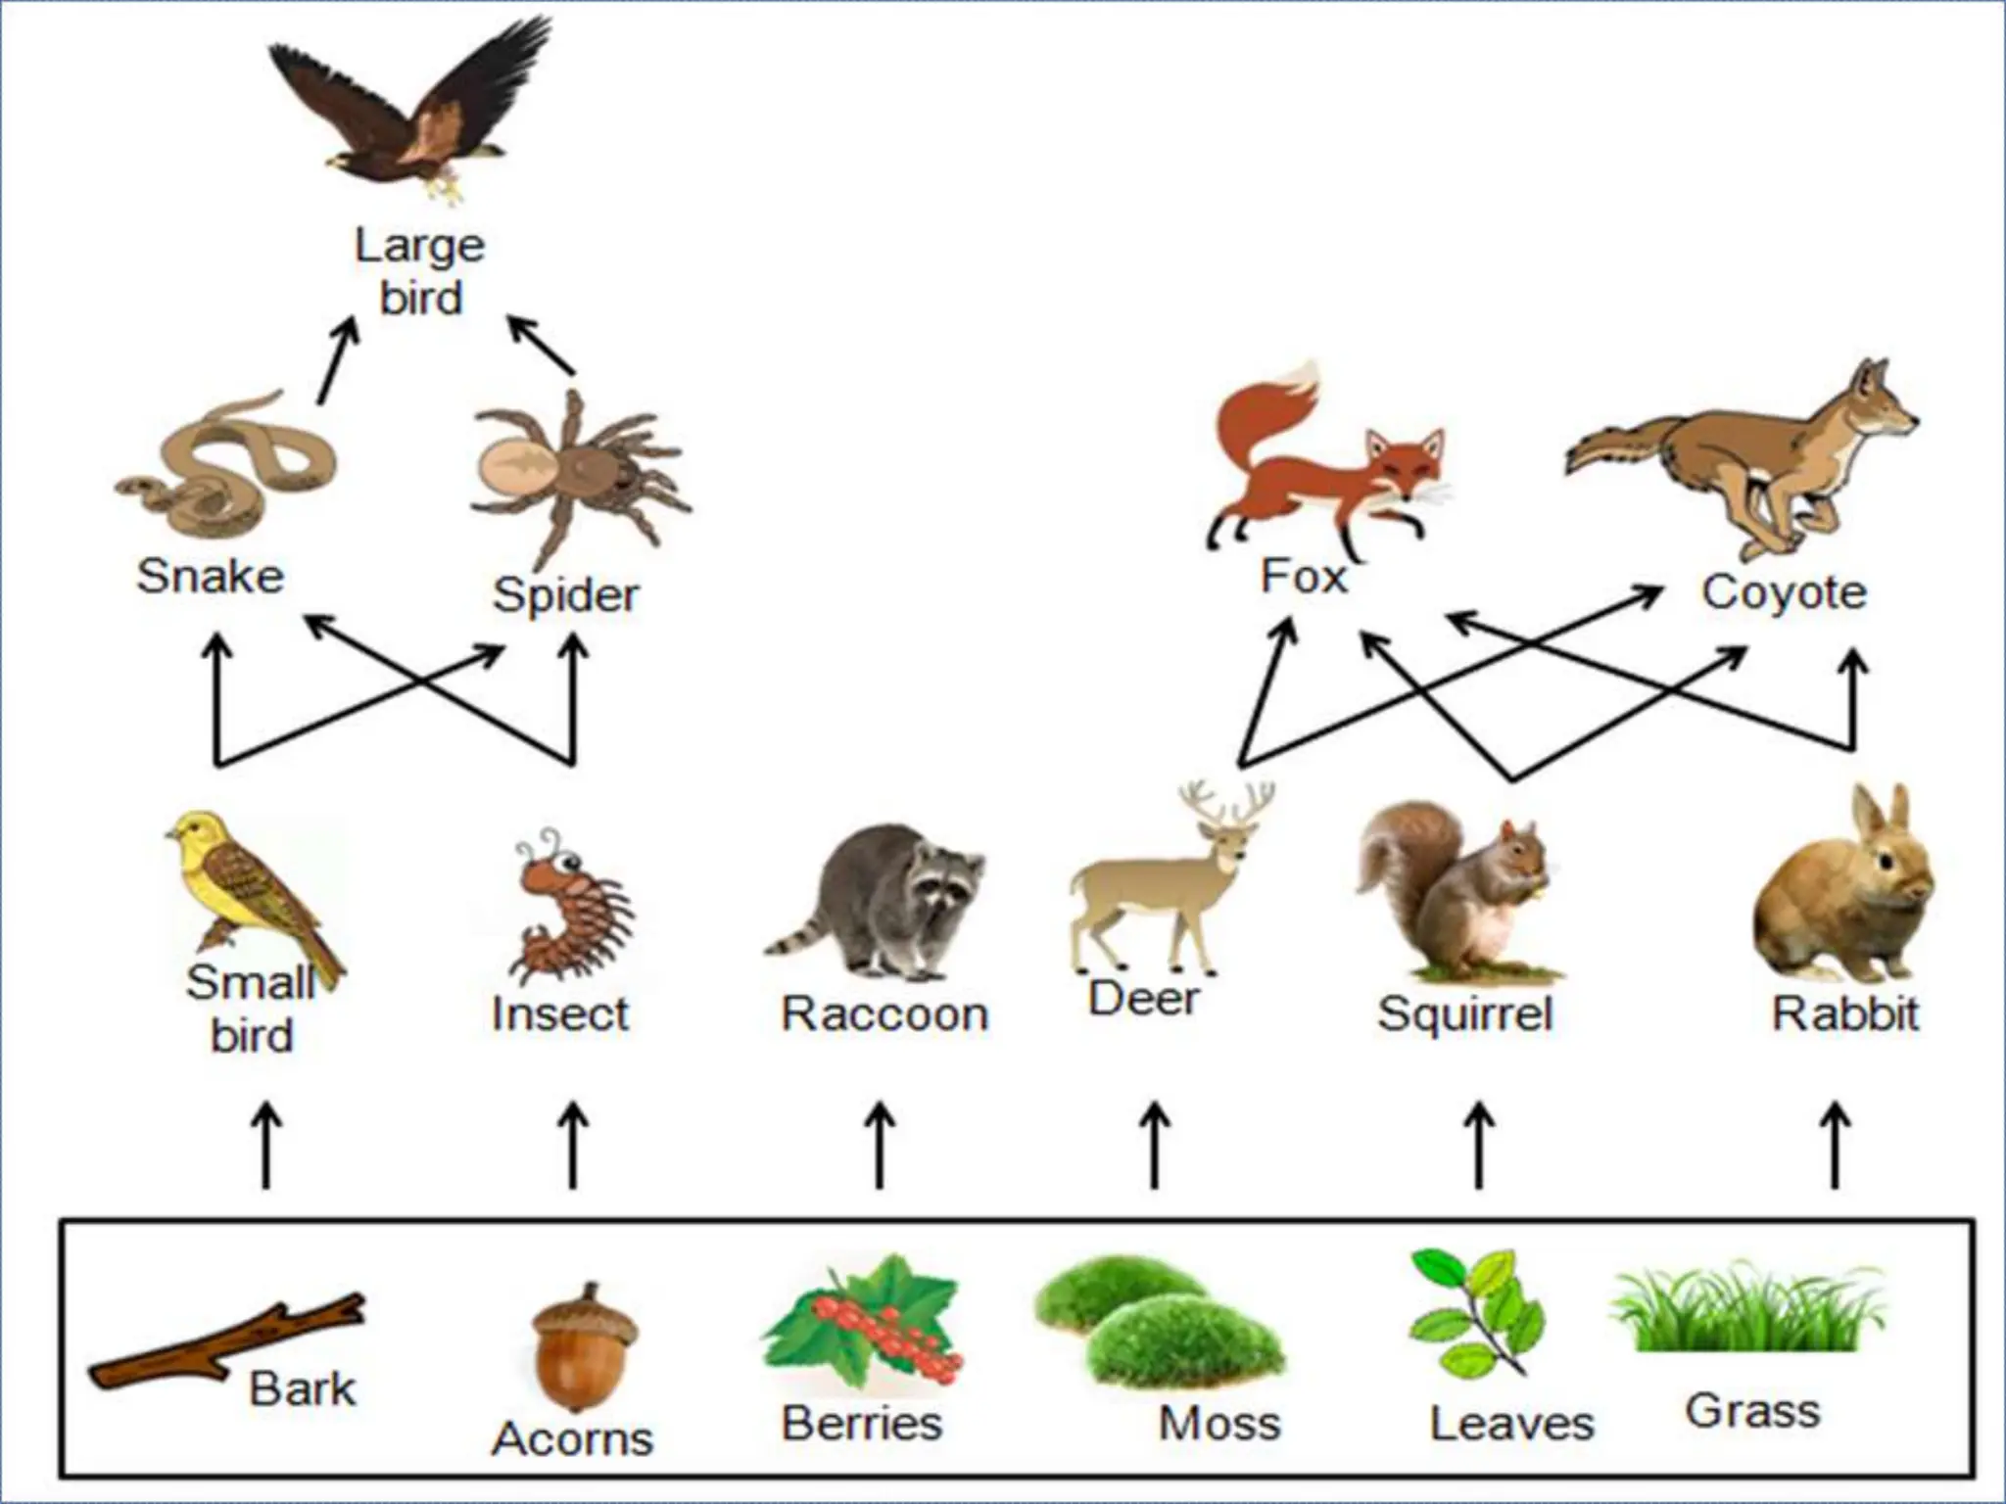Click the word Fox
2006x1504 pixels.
click(x=1304, y=576)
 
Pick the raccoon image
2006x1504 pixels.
click(x=882, y=901)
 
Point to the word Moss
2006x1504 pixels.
click(x=1219, y=1423)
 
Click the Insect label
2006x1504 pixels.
click(x=560, y=1013)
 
